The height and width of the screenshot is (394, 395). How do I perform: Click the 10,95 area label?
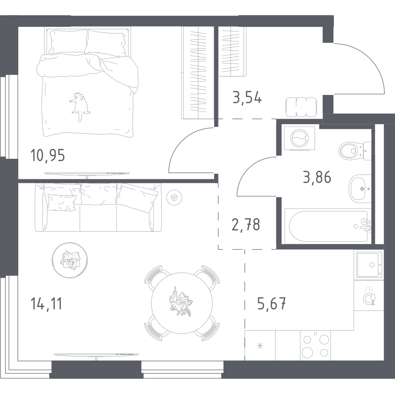(47, 155)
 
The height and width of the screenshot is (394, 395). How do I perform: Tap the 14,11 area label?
(47, 303)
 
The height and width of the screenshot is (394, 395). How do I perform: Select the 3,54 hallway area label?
(248, 98)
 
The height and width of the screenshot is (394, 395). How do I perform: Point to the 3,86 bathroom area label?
(317, 177)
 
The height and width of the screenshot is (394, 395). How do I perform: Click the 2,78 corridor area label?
(246, 224)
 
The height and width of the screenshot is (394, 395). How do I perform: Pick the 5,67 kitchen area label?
(272, 303)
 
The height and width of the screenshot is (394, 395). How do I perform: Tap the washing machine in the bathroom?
(299, 138)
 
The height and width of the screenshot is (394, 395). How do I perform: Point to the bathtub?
(328, 226)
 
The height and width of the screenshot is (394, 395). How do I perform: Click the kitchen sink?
(369, 264)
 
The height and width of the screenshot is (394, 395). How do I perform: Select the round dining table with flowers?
(182, 303)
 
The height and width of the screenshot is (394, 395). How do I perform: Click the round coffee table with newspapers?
(70, 260)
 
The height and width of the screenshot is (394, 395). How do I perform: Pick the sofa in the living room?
(98, 207)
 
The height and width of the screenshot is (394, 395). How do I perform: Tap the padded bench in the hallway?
(301, 107)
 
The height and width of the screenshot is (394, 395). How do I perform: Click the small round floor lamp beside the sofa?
(174, 197)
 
